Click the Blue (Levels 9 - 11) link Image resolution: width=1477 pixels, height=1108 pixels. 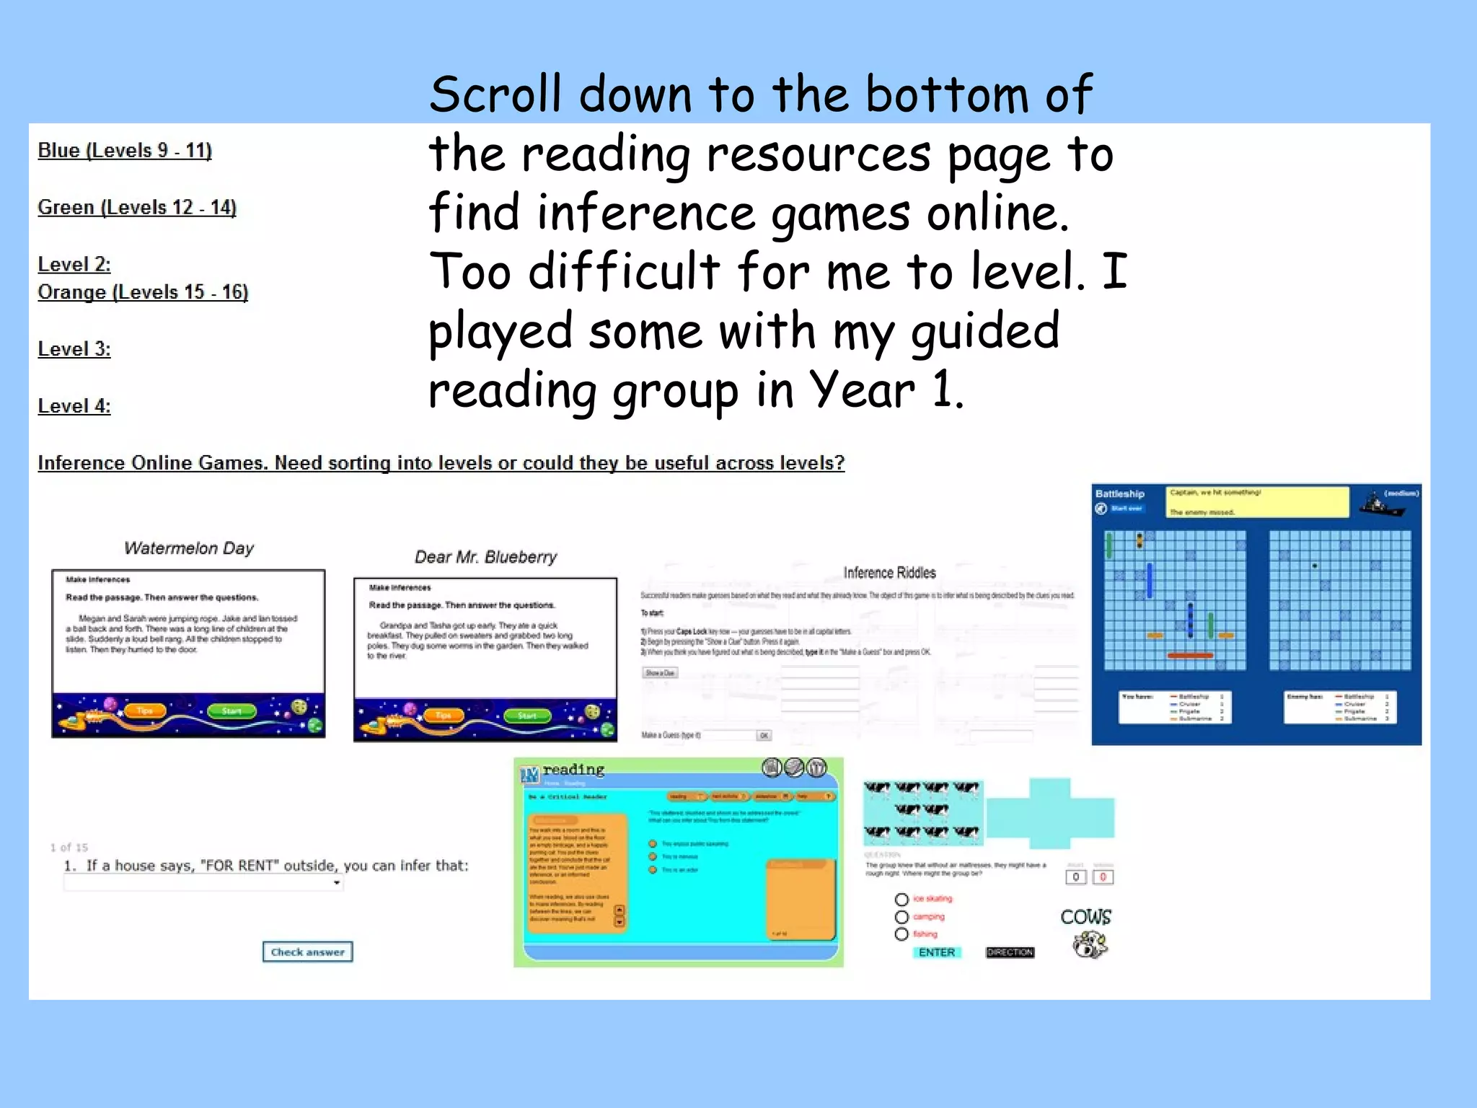pos(125,151)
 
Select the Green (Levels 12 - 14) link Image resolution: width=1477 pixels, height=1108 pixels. pos(137,208)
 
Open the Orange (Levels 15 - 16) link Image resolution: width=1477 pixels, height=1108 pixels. pos(143,292)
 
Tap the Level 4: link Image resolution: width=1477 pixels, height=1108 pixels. pos(74,406)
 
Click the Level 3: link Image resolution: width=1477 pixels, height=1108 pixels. pos(74,349)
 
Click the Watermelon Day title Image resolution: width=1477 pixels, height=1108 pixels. pos(189,548)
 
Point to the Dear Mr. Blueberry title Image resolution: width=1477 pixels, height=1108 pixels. pos(485,557)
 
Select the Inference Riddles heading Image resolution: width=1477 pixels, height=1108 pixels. pos(889,573)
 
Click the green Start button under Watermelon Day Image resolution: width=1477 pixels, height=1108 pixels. pos(231,711)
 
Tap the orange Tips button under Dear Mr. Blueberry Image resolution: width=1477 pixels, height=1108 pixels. pos(443,716)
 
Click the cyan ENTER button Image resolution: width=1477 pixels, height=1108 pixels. pos(936,952)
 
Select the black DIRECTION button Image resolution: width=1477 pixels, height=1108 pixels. pos(1010,952)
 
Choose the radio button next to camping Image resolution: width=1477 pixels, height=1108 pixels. pos(901,917)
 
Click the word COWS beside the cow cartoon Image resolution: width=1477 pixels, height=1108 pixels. pos(1085,917)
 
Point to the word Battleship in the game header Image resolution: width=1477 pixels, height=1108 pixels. pos(1119,494)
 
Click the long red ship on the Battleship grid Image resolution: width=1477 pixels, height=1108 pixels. pos(1190,656)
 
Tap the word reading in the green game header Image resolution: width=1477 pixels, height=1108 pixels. pos(573,769)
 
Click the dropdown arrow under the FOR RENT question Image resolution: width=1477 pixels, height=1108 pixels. pos(337,883)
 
